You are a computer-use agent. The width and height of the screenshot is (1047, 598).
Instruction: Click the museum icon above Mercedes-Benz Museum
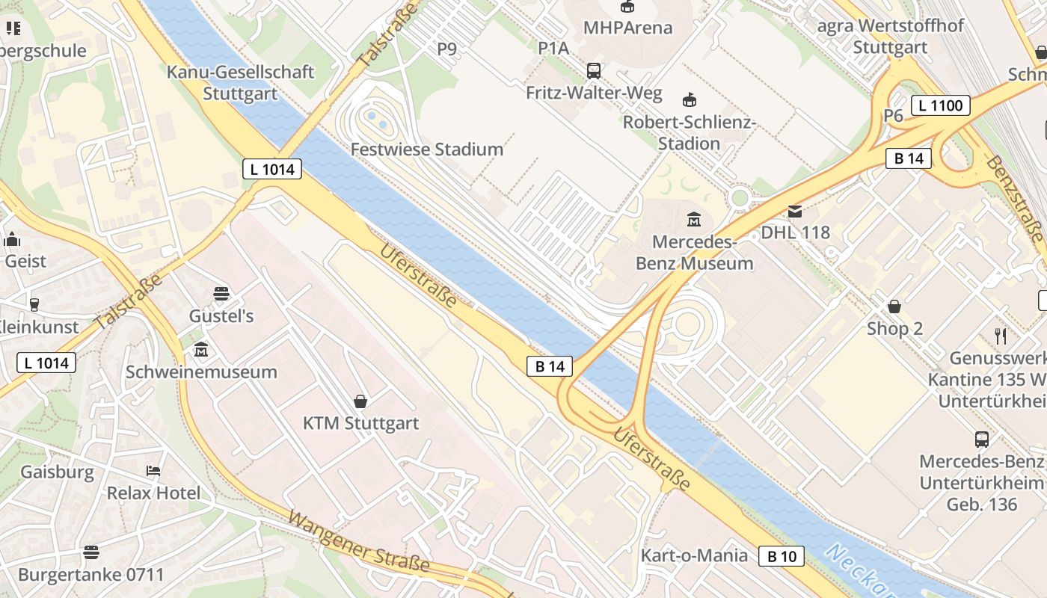point(694,220)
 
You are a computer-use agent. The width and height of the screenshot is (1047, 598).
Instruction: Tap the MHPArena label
point(627,28)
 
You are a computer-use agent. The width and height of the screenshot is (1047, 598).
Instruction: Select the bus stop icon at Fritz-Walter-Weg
point(594,71)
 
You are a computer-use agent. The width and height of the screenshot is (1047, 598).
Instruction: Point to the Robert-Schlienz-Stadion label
point(690,132)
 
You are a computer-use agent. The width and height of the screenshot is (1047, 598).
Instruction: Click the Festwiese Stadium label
point(427,149)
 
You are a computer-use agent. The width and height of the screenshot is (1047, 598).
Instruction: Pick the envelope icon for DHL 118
point(794,212)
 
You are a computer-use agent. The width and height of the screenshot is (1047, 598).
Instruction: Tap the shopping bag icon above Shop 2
point(894,306)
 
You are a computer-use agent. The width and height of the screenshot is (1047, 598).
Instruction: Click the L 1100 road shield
point(940,105)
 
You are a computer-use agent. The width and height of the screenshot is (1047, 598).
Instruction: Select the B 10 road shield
point(782,556)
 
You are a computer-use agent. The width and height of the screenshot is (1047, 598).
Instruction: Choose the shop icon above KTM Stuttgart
point(360,401)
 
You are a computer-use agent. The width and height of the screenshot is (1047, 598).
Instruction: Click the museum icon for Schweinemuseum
point(201,350)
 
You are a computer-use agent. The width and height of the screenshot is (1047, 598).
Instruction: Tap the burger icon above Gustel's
point(221,293)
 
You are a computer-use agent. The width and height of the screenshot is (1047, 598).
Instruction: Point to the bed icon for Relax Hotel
point(153,471)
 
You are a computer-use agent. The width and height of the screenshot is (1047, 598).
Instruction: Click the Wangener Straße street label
point(358,542)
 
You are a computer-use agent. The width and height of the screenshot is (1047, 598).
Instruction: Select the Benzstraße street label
point(1016,197)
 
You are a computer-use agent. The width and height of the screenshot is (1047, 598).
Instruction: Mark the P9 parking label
point(446,49)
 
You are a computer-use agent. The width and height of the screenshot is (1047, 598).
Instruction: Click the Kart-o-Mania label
point(694,555)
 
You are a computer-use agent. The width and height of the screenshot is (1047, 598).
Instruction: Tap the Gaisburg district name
point(57,472)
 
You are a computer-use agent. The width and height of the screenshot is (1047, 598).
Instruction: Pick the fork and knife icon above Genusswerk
point(1001,336)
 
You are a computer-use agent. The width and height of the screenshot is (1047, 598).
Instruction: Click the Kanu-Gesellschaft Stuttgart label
point(240,83)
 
